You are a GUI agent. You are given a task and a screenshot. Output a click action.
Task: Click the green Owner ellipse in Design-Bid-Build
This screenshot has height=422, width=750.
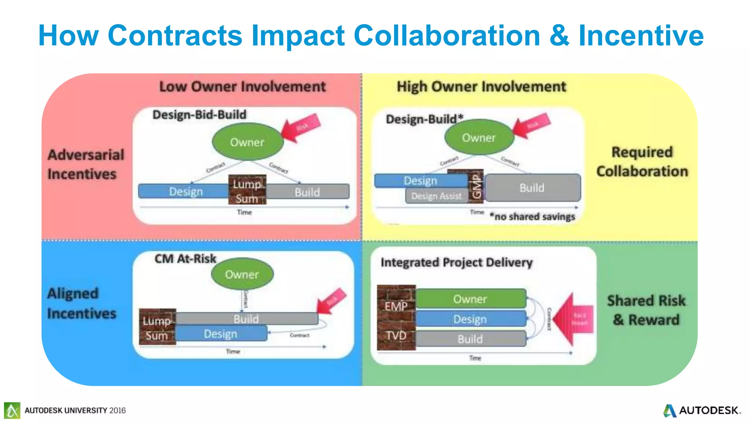tap(248, 142)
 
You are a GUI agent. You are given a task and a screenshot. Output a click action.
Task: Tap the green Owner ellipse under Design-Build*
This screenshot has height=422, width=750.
tap(479, 138)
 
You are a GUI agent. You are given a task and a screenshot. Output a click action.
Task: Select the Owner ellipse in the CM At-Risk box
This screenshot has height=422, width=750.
tap(242, 274)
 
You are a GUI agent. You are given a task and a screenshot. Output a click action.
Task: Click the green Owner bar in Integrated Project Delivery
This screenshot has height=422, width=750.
tap(470, 299)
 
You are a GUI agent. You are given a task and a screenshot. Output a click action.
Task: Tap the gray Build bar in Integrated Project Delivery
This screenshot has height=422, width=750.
tap(470, 339)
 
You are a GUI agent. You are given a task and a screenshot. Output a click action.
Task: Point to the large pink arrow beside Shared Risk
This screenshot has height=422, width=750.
tap(573, 319)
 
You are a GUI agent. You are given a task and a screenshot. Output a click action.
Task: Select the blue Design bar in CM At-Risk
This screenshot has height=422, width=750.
tap(220, 334)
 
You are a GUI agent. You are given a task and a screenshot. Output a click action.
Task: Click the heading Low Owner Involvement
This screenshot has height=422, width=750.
tap(242, 87)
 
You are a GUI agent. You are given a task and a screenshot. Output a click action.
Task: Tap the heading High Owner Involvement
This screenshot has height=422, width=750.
tap(481, 87)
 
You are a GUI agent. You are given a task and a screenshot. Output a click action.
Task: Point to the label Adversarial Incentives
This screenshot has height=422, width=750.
tap(86, 164)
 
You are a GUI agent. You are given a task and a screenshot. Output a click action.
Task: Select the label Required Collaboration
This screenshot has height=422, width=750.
tap(642, 162)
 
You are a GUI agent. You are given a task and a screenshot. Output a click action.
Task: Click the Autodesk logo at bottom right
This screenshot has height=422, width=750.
tap(701, 410)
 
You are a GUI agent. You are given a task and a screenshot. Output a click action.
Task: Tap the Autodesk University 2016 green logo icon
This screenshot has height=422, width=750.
tap(12, 410)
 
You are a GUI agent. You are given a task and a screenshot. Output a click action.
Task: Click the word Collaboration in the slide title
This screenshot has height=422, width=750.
tap(447, 36)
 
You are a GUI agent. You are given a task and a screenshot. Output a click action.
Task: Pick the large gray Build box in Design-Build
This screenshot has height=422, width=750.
tap(532, 188)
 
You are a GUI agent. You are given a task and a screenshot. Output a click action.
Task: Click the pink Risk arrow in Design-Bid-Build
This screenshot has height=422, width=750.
tap(301, 128)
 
